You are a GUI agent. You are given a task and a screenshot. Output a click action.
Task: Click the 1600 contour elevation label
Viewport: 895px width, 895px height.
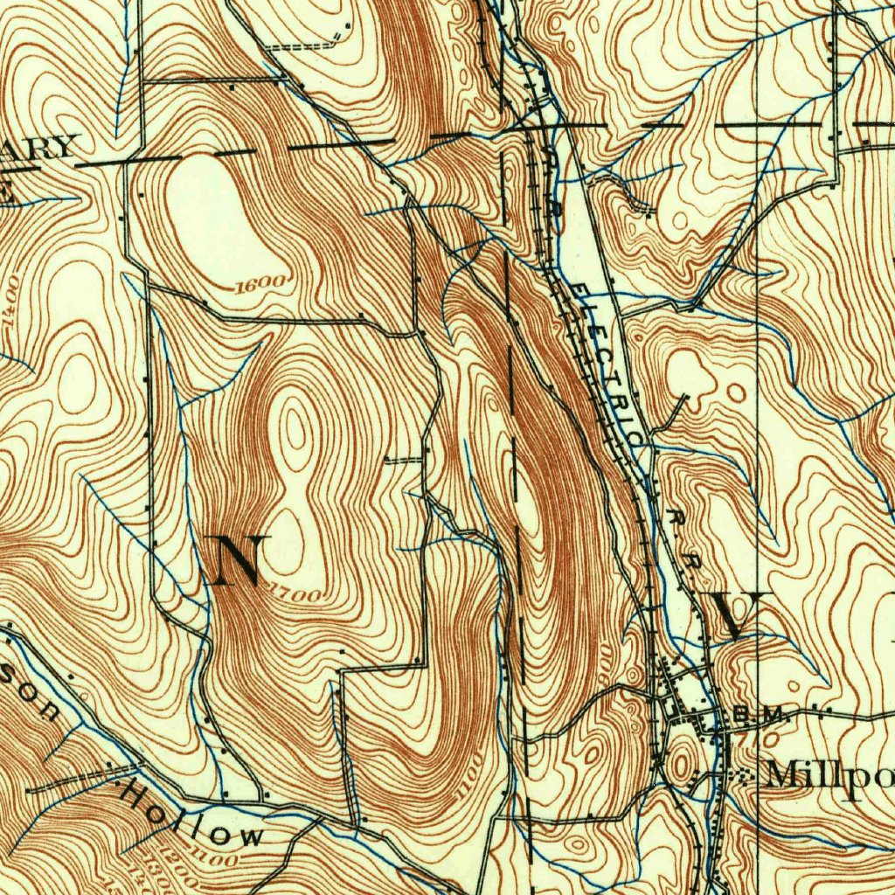tap(260, 282)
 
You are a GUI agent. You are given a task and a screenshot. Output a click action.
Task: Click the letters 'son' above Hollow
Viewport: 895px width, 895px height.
tap(35, 699)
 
